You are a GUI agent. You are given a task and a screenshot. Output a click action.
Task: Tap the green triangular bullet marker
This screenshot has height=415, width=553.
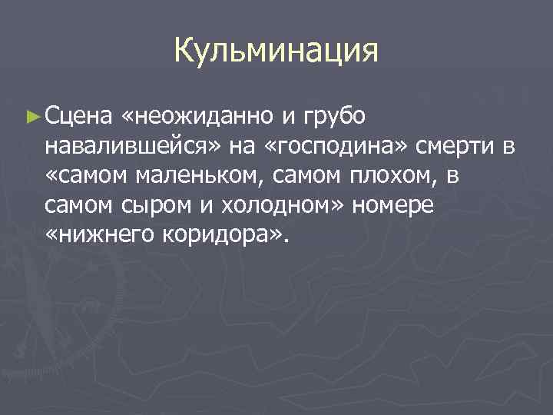pos(31,117)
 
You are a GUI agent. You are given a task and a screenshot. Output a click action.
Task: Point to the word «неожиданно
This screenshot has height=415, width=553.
pos(199,117)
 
